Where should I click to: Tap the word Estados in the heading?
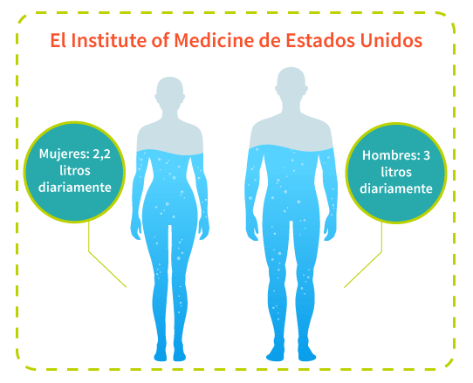tap(320, 40)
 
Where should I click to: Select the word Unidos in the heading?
tap(391, 40)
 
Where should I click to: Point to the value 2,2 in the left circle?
tap(101, 154)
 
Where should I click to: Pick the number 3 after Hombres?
tap(427, 155)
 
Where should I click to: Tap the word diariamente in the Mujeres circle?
tap(75, 188)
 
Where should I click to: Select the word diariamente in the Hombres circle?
tap(396, 188)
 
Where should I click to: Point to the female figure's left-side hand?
tap(136, 229)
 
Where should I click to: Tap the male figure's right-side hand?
tap(331, 229)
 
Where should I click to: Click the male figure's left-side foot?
tap(275, 353)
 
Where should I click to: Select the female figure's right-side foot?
tap(179, 354)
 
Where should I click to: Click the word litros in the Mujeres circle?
tap(75, 171)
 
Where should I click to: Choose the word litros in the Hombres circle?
tap(396, 172)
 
